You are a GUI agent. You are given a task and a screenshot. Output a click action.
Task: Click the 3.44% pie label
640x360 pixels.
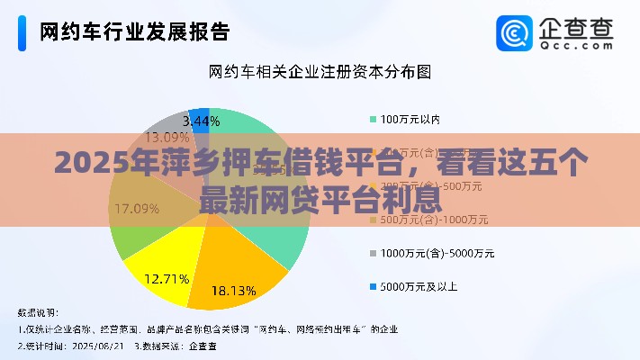201,120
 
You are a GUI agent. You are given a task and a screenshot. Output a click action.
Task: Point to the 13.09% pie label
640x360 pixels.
167,138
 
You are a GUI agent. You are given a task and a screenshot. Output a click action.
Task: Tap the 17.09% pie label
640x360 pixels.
137,209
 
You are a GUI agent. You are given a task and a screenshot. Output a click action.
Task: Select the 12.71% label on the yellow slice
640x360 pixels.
167,277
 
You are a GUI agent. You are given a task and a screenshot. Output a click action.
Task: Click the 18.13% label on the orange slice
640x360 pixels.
233,291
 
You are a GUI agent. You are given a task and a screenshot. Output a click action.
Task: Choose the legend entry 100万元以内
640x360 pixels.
410,119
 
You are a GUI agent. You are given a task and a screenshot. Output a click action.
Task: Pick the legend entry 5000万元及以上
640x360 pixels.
419,286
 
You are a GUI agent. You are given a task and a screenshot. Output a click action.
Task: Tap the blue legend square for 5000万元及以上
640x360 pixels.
373,286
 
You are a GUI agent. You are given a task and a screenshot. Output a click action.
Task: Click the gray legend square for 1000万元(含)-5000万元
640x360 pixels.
373,253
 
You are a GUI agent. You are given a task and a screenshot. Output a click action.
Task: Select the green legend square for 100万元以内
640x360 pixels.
373,119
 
